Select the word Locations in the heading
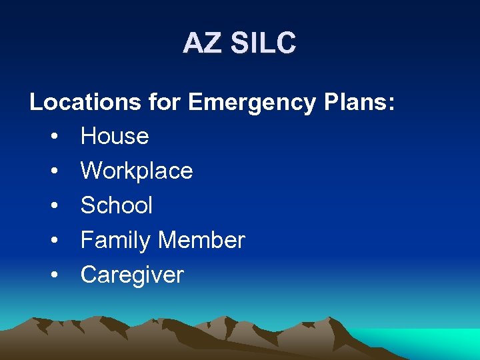coord(85,102)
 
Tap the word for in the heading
coord(164,102)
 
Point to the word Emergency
coord(252,103)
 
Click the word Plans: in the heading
coord(359,102)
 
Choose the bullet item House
coord(115,137)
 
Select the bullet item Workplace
coord(137,171)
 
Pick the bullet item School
coord(117,205)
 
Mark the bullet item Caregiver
coord(132,275)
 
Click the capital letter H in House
coord(89,137)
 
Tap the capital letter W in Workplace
coord(92,171)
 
